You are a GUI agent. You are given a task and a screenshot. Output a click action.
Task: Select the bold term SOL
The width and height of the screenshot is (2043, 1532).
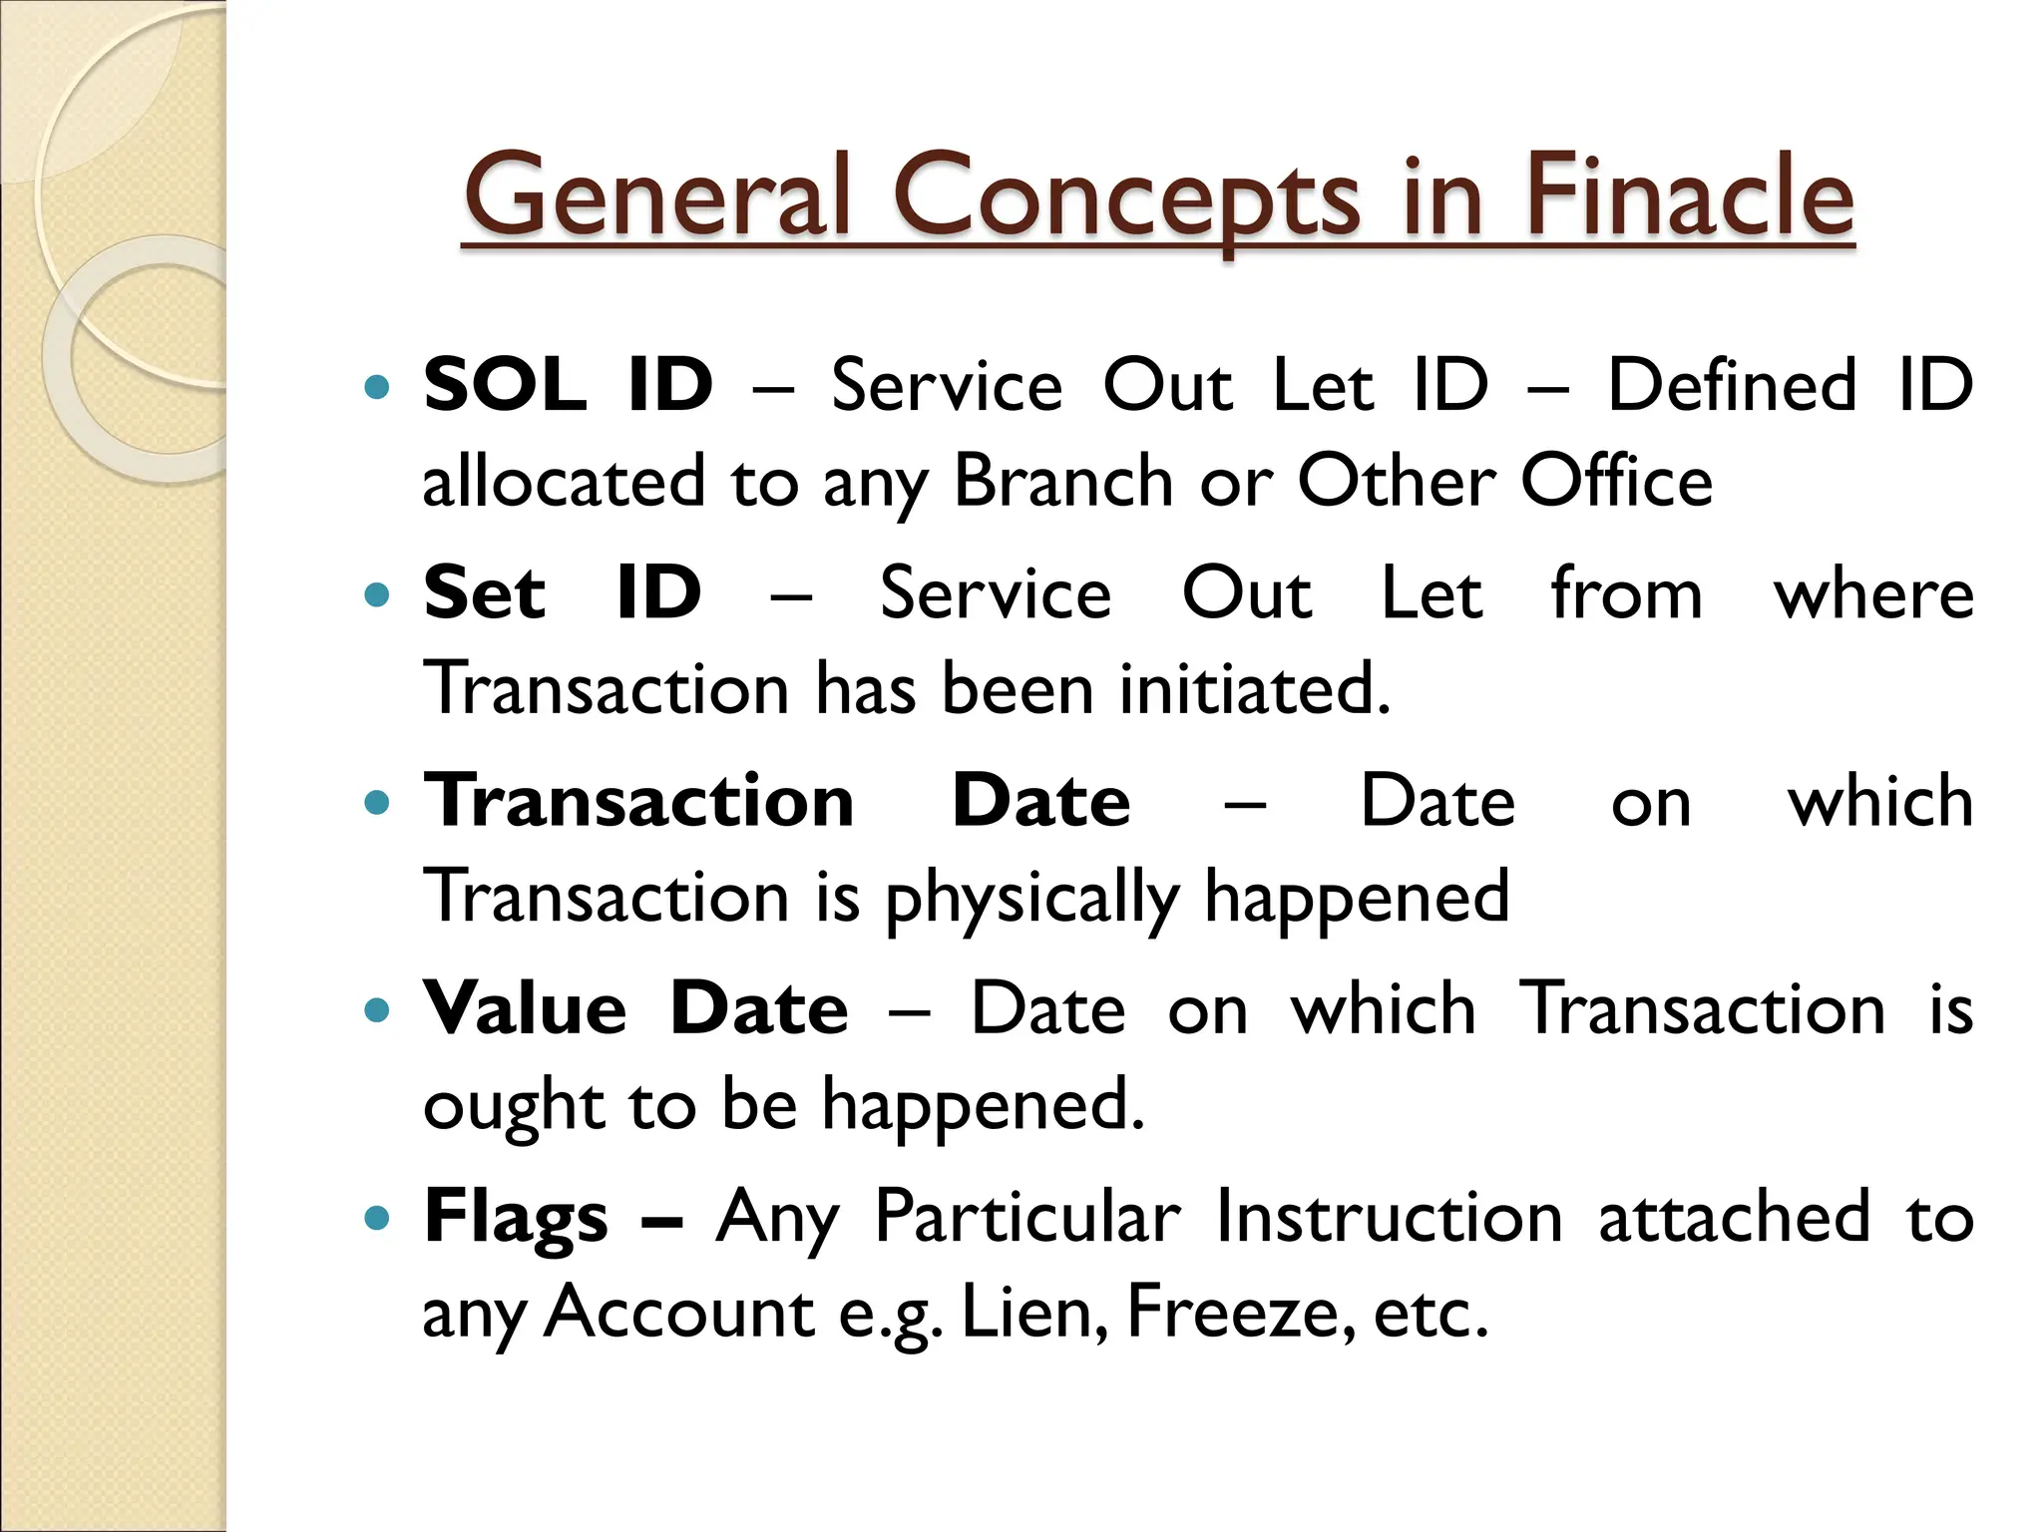505,385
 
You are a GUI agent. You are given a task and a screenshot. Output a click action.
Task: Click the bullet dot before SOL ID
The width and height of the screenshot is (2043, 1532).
377,387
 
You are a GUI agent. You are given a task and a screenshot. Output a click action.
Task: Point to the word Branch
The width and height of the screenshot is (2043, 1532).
1063,482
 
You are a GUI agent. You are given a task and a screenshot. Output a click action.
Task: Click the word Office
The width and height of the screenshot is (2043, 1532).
1616,482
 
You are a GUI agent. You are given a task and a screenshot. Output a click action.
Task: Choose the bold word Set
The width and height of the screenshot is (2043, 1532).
485,593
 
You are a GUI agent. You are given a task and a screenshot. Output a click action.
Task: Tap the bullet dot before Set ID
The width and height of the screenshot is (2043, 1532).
377,595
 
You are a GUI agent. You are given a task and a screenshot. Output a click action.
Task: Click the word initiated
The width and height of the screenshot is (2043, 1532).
1255,689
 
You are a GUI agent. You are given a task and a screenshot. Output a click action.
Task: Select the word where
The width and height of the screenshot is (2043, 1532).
1873,595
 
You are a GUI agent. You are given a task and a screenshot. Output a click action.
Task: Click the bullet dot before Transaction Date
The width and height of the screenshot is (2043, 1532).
377,802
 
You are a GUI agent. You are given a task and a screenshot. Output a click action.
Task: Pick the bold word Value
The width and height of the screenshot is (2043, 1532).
526,1008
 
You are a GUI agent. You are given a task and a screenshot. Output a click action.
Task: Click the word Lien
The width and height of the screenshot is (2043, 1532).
1033,1313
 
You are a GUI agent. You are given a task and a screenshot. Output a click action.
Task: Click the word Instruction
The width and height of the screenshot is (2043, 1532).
1389,1217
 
